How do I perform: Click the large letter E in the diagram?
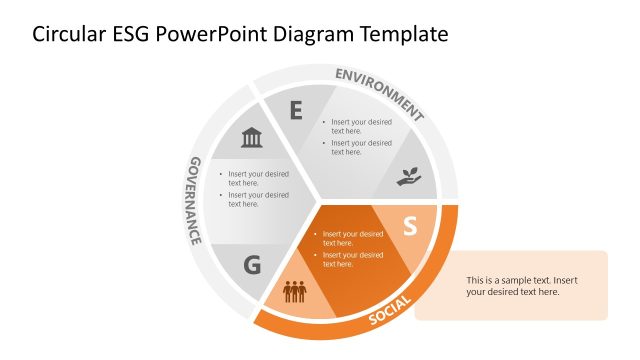(296, 110)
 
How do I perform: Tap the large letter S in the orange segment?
(409, 227)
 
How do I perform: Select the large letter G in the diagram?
(252, 265)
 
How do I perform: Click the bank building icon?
(251, 137)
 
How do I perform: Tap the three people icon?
(294, 292)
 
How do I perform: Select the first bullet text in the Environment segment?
(361, 126)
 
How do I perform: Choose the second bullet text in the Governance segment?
(258, 199)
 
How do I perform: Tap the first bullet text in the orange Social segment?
(352, 238)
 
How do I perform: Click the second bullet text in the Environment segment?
(361, 147)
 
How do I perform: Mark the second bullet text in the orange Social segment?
(352, 259)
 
